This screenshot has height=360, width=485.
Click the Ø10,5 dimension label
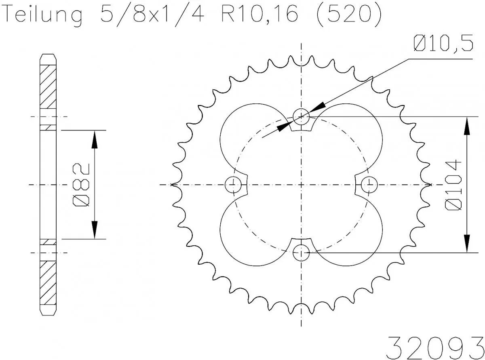tap(443, 44)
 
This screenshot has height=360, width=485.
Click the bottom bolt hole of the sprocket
tap(301, 253)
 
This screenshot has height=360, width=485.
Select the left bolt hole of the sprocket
tap(233, 185)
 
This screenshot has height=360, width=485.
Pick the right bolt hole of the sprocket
tap(369, 185)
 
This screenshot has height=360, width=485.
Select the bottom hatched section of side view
tap(48, 283)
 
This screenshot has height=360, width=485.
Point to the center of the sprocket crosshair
tap(301, 185)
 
